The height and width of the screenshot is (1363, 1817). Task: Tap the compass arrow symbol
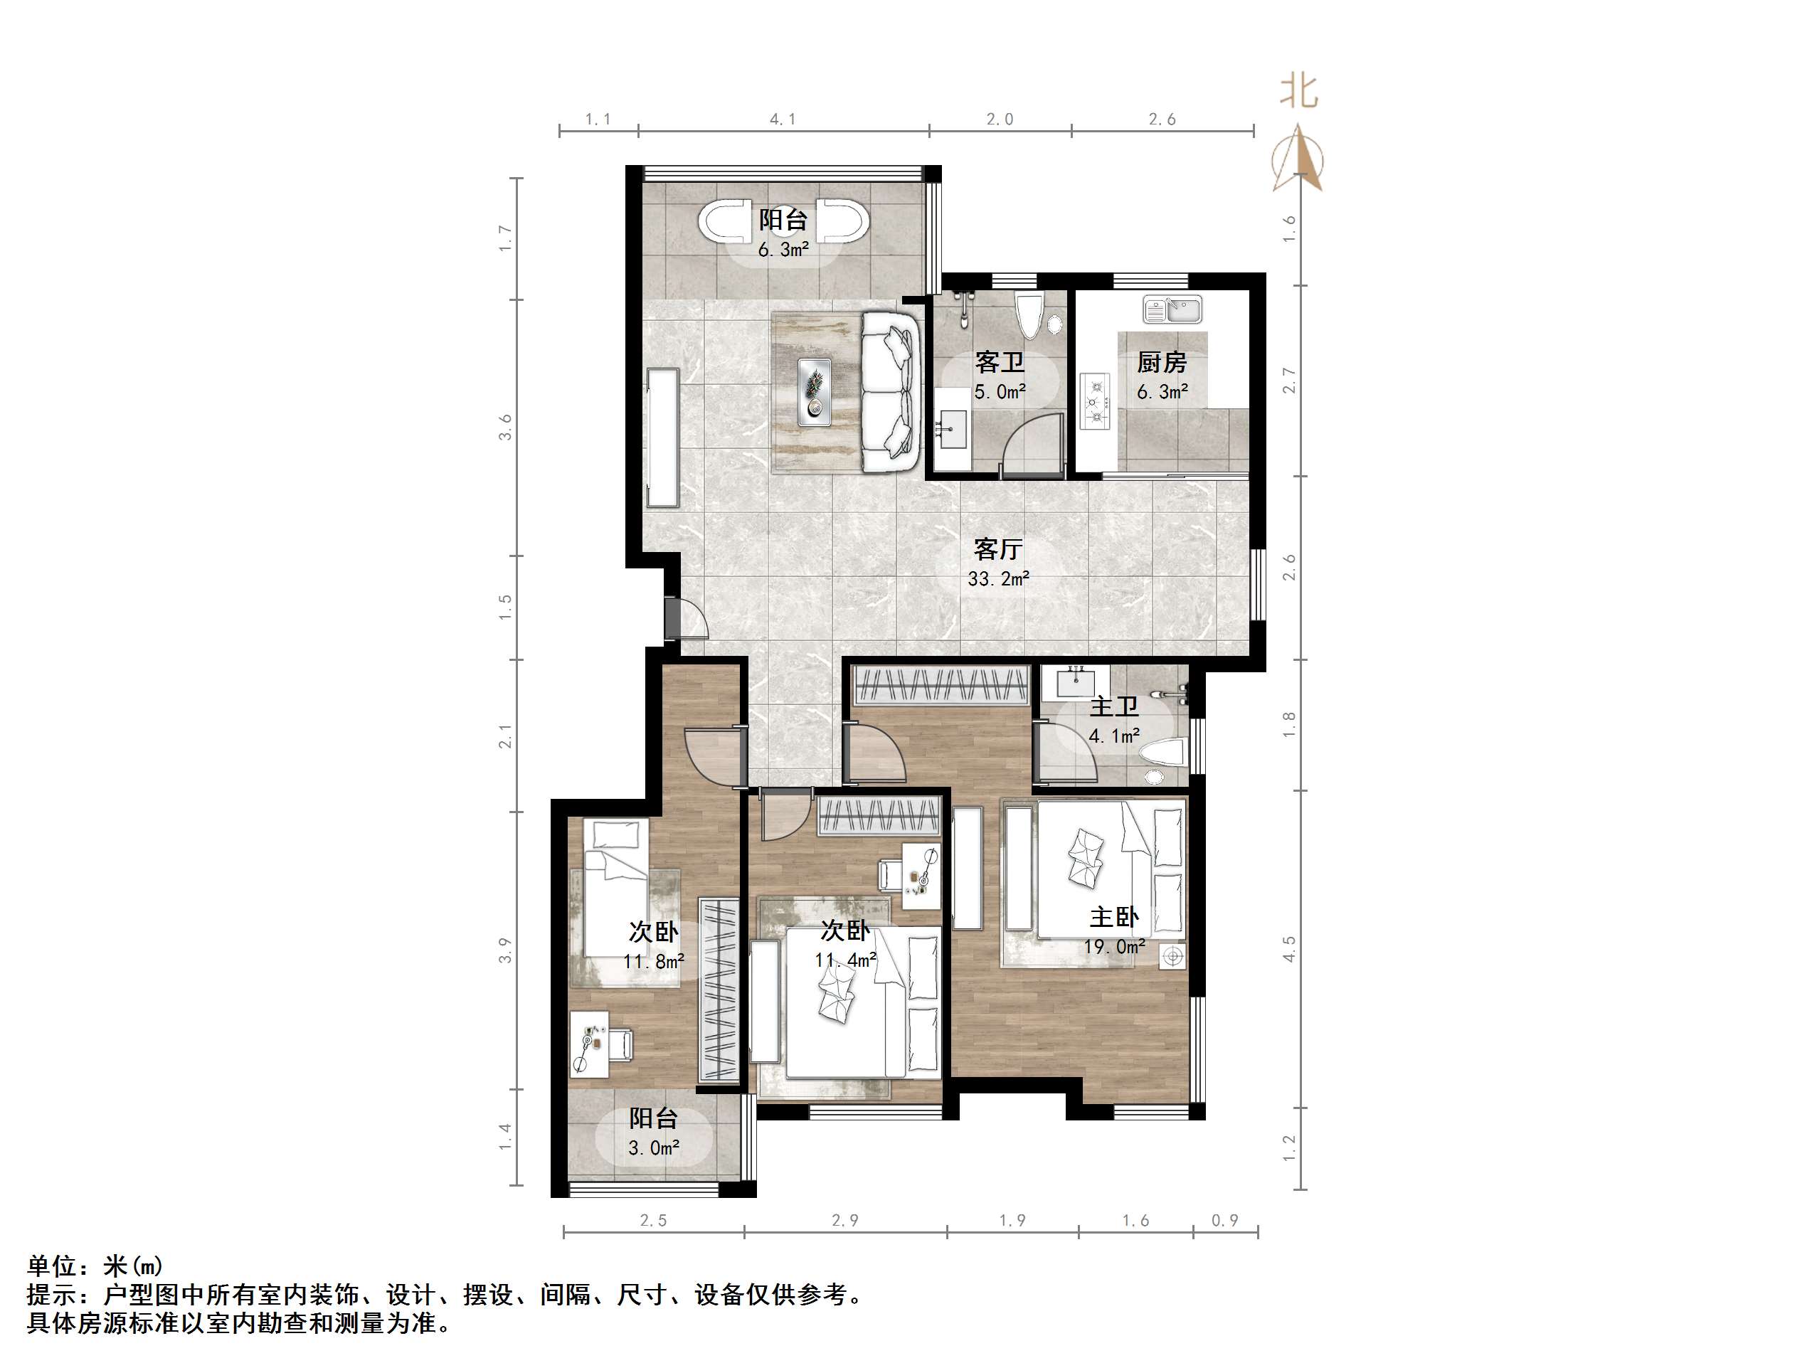point(1298,159)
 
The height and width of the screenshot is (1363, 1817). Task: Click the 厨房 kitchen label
point(1162,362)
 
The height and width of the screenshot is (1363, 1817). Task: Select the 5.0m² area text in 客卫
point(1000,392)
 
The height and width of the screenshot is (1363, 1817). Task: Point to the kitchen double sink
point(1172,309)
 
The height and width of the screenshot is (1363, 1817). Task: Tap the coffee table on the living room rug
point(815,391)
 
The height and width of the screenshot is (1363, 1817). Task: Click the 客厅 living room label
point(998,548)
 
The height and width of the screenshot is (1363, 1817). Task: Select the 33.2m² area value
point(998,579)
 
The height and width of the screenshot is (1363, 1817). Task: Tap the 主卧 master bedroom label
point(1114,918)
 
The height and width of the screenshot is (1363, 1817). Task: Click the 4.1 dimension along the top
point(783,119)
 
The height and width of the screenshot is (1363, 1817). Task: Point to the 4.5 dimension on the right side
point(1289,949)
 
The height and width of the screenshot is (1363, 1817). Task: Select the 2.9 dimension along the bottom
point(844,1221)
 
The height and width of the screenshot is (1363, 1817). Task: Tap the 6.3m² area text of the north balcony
point(783,250)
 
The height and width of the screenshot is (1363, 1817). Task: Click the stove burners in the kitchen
point(1095,403)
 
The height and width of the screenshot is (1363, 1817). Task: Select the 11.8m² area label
point(654,961)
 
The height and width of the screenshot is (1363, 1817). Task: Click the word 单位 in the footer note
point(53,1266)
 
